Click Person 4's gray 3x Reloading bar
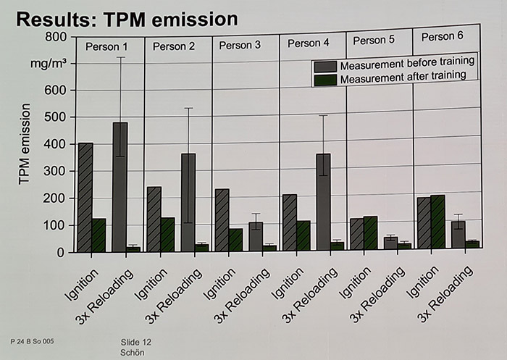323,203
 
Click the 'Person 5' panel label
374,40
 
